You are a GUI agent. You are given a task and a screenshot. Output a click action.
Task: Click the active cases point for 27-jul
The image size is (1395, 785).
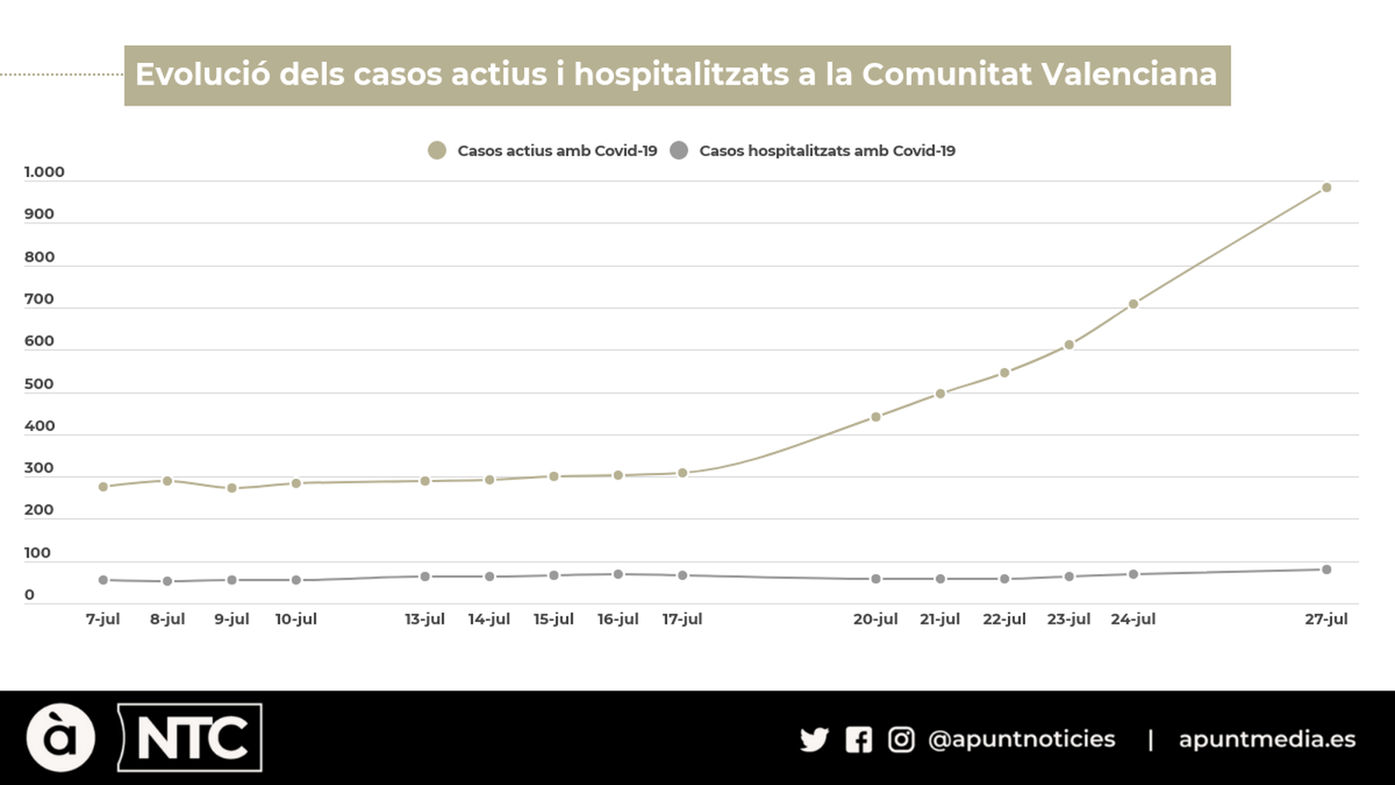[x=1326, y=188]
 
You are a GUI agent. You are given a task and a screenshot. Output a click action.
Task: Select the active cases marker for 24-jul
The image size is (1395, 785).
[x=1133, y=304]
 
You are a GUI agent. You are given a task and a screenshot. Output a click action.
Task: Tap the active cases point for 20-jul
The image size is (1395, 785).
[x=875, y=417]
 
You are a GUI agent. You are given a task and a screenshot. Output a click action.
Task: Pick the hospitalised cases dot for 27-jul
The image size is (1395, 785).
[x=1326, y=570]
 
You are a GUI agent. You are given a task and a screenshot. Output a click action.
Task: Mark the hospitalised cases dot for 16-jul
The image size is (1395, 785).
[x=618, y=574]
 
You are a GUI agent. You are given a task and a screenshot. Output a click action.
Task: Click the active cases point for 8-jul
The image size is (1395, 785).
[x=167, y=481]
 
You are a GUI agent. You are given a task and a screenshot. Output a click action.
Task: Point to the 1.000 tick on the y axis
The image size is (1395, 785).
[x=44, y=172]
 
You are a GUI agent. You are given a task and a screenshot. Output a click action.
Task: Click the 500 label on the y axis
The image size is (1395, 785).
[x=39, y=384]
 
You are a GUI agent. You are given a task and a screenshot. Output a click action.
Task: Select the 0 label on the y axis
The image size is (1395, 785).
[x=30, y=595]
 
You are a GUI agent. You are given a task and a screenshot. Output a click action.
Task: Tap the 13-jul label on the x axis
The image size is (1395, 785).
[x=425, y=618]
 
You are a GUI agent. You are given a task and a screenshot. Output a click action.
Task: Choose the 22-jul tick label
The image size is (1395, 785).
[x=1004, y=618]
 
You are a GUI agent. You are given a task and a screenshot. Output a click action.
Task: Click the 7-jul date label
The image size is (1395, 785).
[x=103, y=618]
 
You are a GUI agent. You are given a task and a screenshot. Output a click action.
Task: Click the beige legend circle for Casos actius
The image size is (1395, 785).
[x=437, y=151]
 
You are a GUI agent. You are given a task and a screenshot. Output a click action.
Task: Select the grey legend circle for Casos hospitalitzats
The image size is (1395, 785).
[x=679, y=151]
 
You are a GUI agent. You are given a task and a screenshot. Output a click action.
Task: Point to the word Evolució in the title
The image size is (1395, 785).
[x=202, y=74]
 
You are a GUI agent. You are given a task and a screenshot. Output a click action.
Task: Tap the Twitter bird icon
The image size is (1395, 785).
[x=814, y=740]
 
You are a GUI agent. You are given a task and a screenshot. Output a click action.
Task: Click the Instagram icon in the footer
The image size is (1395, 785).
[x=901, y=740]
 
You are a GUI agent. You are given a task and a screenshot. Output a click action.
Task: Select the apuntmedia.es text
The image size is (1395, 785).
[x=1267, y=740]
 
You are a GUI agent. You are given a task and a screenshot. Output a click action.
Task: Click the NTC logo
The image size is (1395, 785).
[x=190, y=738]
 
